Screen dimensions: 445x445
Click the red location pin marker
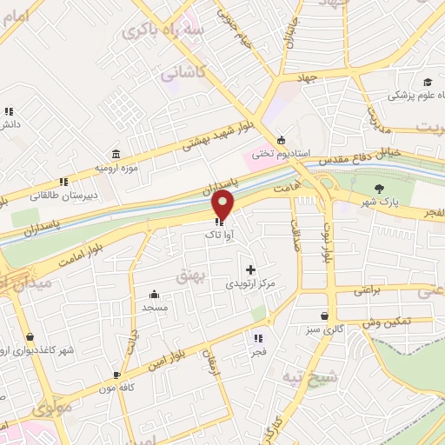pos(223,205)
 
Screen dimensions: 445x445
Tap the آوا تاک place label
pos(217,236)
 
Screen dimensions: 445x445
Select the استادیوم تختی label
pos(281,153)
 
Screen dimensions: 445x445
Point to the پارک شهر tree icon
pos(378,189)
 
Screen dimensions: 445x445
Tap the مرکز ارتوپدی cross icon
pos(251,270)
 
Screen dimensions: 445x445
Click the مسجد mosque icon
pos(154,294)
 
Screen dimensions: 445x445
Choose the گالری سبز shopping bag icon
pos(324,316)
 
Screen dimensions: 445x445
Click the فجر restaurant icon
pos(257,338)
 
